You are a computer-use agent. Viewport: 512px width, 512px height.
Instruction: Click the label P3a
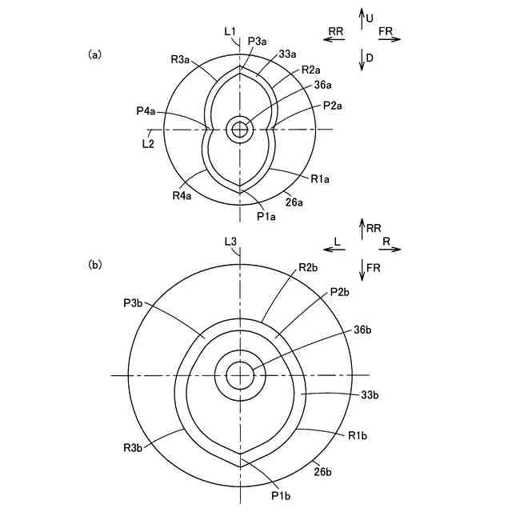[258, 41]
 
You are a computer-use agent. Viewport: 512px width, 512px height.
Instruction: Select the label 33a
[288, 54]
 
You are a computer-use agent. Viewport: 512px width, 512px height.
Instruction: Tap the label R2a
[311, 70]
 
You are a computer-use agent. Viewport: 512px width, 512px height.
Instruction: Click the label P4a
[147, 110]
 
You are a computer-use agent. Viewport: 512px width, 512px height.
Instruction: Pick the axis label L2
[147, 143]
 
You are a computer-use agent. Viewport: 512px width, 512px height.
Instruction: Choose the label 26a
[294, 202]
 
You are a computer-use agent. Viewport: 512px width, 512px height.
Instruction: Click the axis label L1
[230, 31]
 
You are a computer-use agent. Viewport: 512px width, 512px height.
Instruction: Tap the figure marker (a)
[94, 54]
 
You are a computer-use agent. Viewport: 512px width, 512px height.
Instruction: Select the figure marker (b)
[94, 263]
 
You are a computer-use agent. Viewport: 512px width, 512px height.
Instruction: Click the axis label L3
[230, 241]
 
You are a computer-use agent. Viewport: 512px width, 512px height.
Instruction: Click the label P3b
[134, 303]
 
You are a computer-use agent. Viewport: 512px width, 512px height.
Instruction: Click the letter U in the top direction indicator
[370, 17]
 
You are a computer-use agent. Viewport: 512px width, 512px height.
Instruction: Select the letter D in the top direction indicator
[370, 58]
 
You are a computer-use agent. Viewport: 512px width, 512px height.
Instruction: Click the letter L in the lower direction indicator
[338, 239]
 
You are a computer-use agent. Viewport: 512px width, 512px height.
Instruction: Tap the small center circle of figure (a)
[239, 129]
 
